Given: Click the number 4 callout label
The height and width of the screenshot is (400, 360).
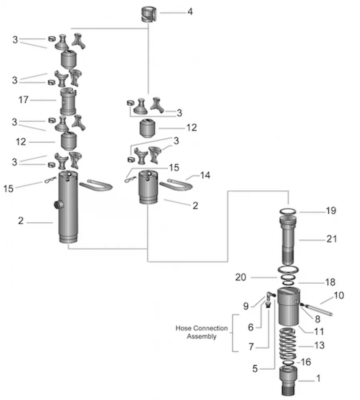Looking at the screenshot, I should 190,12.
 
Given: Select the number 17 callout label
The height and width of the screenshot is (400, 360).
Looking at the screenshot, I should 24,100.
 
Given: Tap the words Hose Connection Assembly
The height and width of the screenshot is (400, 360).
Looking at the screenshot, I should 202,332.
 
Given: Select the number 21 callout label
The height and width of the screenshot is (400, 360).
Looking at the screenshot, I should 332,239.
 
